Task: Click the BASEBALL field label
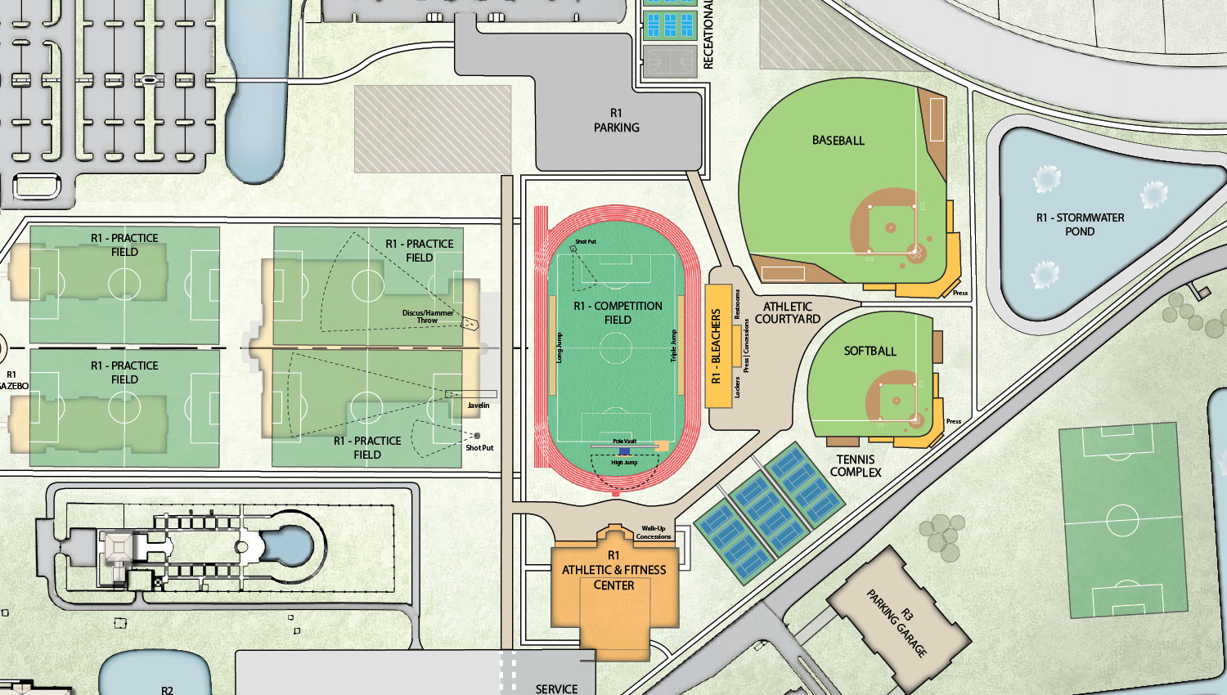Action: [x=838, y=141]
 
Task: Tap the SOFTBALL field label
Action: [x=870, y=351]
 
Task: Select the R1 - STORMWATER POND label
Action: [x=1080, y=224]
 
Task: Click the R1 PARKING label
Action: [x=616, y=120]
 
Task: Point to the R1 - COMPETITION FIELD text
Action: [x=618, y=312]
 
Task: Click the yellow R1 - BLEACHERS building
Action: [x=717, y=346]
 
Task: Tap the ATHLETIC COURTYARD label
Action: [x=787, y=312]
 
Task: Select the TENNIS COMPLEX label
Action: [x=856, y=465]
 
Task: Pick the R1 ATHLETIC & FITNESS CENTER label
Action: [x=613, y=570]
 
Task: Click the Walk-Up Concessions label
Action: [x=654, y=532]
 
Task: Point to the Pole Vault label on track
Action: [x=624, y=441]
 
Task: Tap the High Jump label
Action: [x=624, y=463]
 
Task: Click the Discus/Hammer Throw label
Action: [x=427, y=316]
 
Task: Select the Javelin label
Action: [x=479, y=406]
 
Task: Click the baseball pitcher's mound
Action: [x=890, y=227]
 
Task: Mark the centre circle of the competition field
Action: [x=615, y=348]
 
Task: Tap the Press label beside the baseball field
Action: [x=960, y=293]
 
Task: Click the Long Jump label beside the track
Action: [x=560, y=347]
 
